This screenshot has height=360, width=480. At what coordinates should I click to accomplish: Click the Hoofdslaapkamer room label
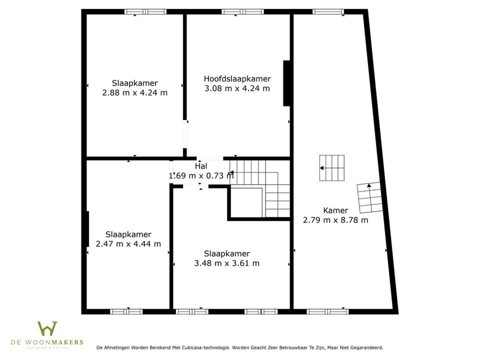tap(237, 79)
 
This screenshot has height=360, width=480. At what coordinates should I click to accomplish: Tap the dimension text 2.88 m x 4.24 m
tap(135, 93)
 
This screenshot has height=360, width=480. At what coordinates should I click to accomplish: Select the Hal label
tap(201, 166)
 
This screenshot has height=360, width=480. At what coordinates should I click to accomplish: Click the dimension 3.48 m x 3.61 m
tap(227, 263)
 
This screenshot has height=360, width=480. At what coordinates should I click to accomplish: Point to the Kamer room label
tap(335, 211)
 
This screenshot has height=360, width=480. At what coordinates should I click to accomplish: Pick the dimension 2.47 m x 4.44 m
tap(128, 244)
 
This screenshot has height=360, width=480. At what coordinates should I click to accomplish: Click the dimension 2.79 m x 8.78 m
tap(335, 220)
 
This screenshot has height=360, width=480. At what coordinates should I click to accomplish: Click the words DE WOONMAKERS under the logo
tap(47, 342)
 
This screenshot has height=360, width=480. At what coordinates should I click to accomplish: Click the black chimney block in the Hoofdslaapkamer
tap(286, 83)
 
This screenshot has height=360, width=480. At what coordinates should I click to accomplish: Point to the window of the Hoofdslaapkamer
tap(243, 12)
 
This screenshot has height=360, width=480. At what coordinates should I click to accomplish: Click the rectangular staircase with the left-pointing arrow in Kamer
tap(332, 168)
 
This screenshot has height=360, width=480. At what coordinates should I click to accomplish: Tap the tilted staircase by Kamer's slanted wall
tap(370, 198)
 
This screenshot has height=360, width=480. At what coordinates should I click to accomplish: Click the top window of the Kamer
tap(328, 12)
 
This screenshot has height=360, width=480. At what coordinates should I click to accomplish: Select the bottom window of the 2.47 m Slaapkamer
tap(126, 312)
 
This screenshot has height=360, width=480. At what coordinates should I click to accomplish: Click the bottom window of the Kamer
tap(328, 312)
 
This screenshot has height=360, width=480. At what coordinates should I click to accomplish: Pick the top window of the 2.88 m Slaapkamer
tap(145, 12)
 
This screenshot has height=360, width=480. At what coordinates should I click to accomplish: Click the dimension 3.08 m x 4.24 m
tap(237, 88)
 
